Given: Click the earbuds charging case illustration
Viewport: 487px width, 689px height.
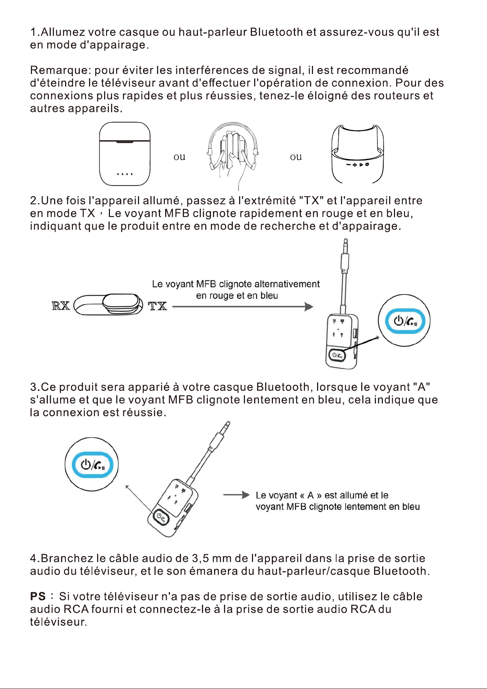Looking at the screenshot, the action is [125, 154].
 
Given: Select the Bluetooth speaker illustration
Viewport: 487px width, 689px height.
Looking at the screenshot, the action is [358, 154].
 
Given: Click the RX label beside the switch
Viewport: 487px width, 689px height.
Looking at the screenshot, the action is [61, 305].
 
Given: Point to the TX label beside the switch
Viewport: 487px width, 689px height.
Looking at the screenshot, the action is [157, 306].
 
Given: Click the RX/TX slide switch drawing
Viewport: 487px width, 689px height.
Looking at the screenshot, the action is [109, 304].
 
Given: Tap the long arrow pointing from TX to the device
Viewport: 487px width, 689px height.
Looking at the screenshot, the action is [243, 307].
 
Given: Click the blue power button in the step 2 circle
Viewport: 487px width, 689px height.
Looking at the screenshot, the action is [405, 321].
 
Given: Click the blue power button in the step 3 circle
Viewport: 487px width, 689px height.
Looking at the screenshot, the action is [92, 464].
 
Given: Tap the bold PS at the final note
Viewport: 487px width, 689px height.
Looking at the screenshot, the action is [38, 596].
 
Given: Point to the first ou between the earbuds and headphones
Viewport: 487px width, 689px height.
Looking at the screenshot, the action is [179, 157].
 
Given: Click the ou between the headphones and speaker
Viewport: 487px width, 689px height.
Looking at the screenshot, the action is [296, 157].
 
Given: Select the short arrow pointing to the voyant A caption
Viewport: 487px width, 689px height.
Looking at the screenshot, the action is [237, 495].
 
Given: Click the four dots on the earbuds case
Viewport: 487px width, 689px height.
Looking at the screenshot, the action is [125, 174].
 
